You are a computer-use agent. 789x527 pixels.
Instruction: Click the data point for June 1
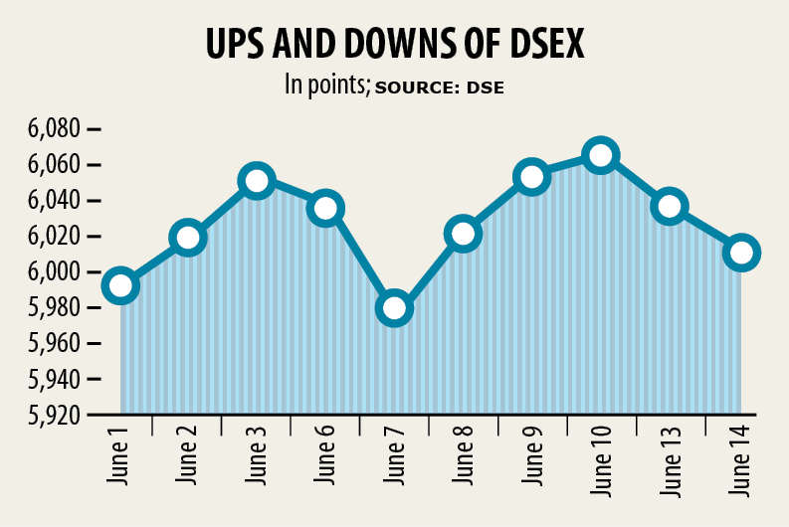(119, 285)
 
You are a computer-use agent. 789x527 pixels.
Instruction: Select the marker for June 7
(394, 308)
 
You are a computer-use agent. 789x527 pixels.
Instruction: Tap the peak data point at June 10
(601, 155)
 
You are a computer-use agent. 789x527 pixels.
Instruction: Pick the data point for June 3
(257, 181)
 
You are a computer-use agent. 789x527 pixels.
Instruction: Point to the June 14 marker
(741, 253)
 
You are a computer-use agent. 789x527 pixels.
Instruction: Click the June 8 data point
(463, 234)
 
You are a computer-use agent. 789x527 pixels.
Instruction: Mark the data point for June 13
(671, 207)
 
